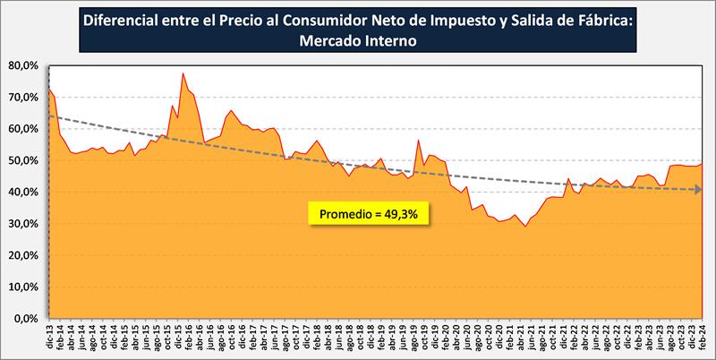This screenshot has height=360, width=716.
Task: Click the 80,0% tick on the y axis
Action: coord(22,65)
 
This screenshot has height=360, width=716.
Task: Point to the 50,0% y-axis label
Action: coord(22,160)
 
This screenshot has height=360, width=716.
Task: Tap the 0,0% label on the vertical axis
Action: coord(25,318)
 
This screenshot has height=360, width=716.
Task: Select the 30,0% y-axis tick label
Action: coord(22,224)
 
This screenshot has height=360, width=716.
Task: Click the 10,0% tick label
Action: coord(22,287)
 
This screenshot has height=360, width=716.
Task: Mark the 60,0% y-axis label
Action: coord(22,129)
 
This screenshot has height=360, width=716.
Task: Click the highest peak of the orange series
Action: coord(183,73)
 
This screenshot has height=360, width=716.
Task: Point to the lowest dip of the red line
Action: coord(525,227)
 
